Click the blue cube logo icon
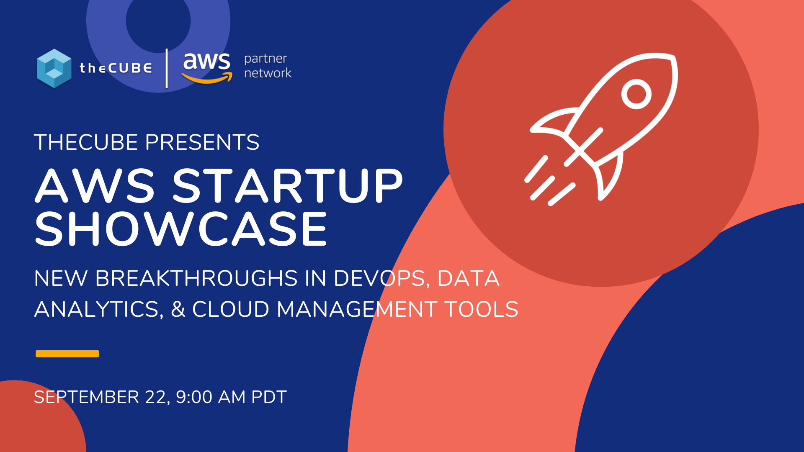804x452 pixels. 54,68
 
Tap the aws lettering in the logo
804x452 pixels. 206,62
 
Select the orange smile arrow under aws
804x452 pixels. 207,78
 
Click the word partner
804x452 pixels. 265,59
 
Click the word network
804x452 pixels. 268,73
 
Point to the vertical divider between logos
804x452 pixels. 167,68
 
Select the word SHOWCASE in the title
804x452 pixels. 181,229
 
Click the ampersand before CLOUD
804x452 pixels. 178,309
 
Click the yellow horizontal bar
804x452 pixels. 67,354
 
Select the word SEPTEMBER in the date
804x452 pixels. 86,397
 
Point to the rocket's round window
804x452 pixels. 636,94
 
